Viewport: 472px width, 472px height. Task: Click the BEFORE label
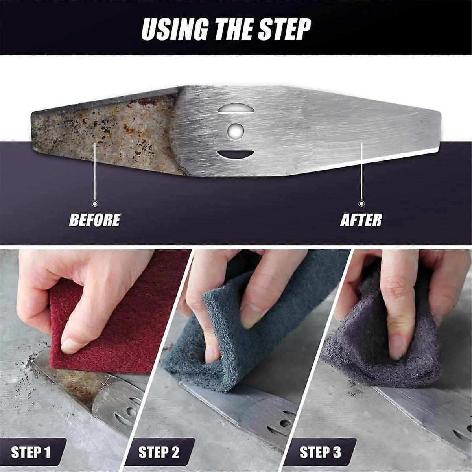tap(94, 220)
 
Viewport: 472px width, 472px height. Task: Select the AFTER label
tap(361, 220)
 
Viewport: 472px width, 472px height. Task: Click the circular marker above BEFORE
tap(94, 203)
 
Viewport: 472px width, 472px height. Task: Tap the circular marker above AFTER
tap(361, 203)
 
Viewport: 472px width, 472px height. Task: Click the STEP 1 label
tap(31, 452)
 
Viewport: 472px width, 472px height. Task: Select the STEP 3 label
tap(320, 452)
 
